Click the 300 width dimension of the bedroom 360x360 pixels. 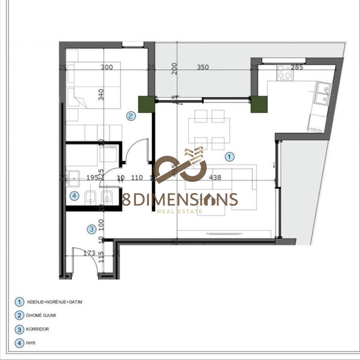pos(107,67)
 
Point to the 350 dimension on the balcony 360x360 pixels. pos(203,67)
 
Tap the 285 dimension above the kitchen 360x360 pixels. pos(297,67)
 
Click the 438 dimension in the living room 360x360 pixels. pos(215,178)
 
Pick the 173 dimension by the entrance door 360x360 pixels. pos(89,253)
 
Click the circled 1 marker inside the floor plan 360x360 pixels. pos(229,157)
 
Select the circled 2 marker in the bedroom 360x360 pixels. pos(131,116)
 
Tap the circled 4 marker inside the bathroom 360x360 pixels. pos(74,196)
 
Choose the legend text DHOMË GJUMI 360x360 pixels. pos(42,315)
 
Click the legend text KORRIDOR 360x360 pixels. pos(38,329)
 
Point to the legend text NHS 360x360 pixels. pos(31,342)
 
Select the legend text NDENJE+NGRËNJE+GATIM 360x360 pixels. pos(54,302)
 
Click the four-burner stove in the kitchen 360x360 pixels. pos(285,72)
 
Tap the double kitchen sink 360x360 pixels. pos(323,94)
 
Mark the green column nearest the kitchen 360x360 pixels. pos(259,104)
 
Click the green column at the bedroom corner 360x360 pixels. pos(146,104)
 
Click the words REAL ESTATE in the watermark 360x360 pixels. pos(180,211)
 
